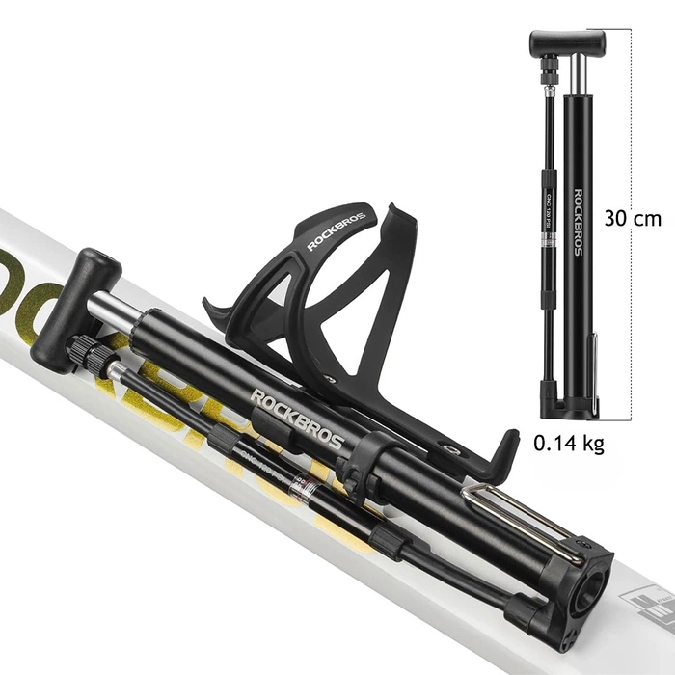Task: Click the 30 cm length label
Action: tap(633, 218)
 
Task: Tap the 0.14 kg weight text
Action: tap(569, 445)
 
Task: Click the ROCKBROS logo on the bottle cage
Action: tap(337, 228)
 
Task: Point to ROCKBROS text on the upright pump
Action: tap(578, 221)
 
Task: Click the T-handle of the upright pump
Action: tap(567, 41)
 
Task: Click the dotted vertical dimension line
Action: tap(631, 318)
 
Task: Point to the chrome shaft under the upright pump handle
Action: tap(576, 71)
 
